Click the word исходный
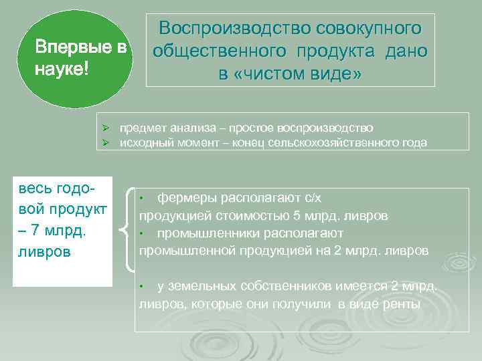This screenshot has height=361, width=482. pos(143,142)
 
